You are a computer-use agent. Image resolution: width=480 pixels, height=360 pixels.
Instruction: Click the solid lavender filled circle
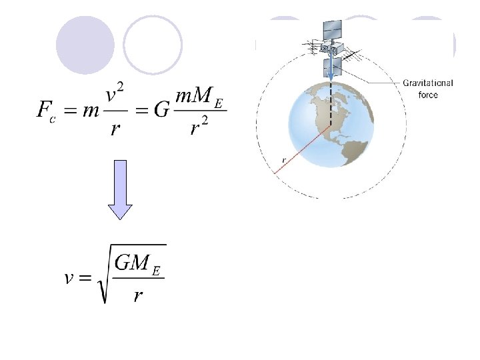click(x=85, y=45)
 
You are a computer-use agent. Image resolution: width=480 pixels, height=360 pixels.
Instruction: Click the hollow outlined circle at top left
click(x=153, y=45)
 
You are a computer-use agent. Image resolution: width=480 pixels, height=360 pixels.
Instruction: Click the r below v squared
click(x=115, y=128)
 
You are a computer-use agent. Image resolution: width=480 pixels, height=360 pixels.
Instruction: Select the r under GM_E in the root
click(x=137, y=295)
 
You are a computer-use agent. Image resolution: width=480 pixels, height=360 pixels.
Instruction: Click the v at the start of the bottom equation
click(x=69, y=278)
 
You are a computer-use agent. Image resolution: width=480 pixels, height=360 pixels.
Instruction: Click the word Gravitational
click(x=427, y=83)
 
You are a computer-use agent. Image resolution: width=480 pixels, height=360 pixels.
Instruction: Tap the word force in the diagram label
click(x=428, y=95)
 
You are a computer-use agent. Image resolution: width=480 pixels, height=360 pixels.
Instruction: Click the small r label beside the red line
click(x=283, y=161)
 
